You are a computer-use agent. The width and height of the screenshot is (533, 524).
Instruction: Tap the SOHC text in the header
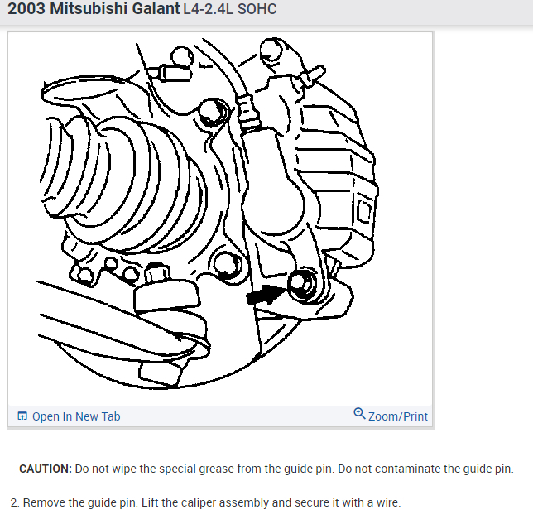pos(257,10)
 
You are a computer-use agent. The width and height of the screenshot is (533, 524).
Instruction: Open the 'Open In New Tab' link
pos(75,416)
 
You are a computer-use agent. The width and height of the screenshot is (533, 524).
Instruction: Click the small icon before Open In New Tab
pos(22,416)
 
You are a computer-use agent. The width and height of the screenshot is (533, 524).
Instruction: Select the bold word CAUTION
pos(45,469)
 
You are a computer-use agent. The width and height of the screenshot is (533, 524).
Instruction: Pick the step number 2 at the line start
pos(14,502)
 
